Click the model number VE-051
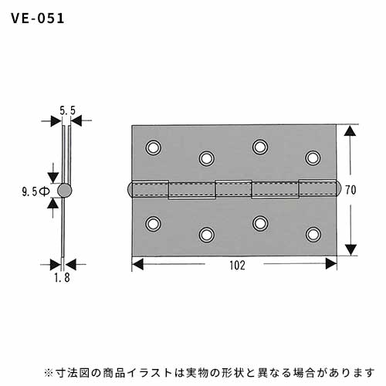[x=38, y=19]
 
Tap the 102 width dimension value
[x=237, y=266]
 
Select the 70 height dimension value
[x=350, y=190]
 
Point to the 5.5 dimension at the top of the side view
[x=67, y=110]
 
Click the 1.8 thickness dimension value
[x=62, y=277]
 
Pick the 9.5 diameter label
[x=36, y=191]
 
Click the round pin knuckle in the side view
[x=64, y=190]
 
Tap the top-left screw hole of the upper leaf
[x=154, y=147]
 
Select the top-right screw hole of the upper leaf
[x=313, y=157]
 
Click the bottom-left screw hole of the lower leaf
[x=154, y=223]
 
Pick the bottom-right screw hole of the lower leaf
[x=313, y=235]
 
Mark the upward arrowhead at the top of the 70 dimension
[x=350, y=130]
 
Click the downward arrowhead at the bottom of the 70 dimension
[x=350, y=249]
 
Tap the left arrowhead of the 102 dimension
[x=137, y=264]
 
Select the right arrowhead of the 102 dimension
[x=331, y=264]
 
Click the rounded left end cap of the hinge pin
[x=130, y=190]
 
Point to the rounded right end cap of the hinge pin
[x=338, y=189]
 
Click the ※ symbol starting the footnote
[x=49, y=373]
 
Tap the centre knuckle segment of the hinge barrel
[x=233, y=188]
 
